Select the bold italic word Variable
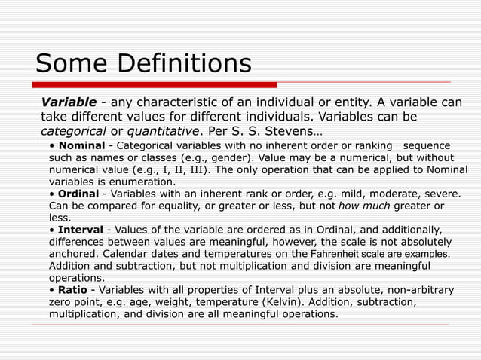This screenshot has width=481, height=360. click(69, 102)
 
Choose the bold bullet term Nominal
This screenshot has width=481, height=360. click(81, 145)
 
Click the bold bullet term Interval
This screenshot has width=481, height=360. click(82, 230)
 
